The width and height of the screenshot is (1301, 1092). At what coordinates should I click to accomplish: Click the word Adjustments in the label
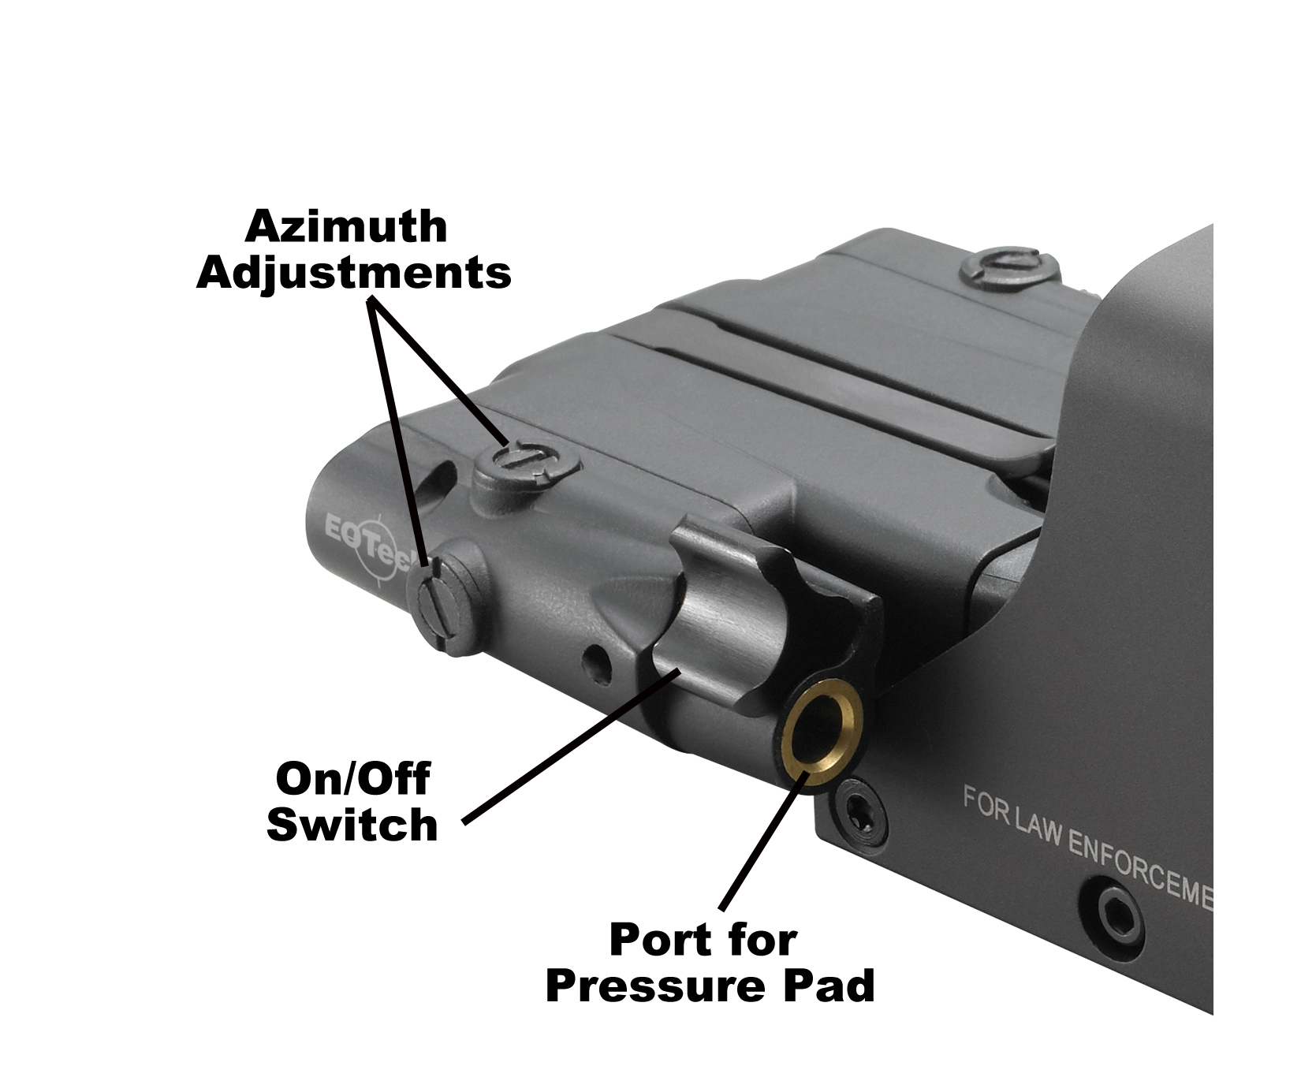click(x=354, y=273)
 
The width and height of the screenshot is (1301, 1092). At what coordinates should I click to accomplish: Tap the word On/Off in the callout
click(x=352, y=780)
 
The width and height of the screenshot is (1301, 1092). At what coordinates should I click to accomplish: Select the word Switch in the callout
click(x=352, y=826)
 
